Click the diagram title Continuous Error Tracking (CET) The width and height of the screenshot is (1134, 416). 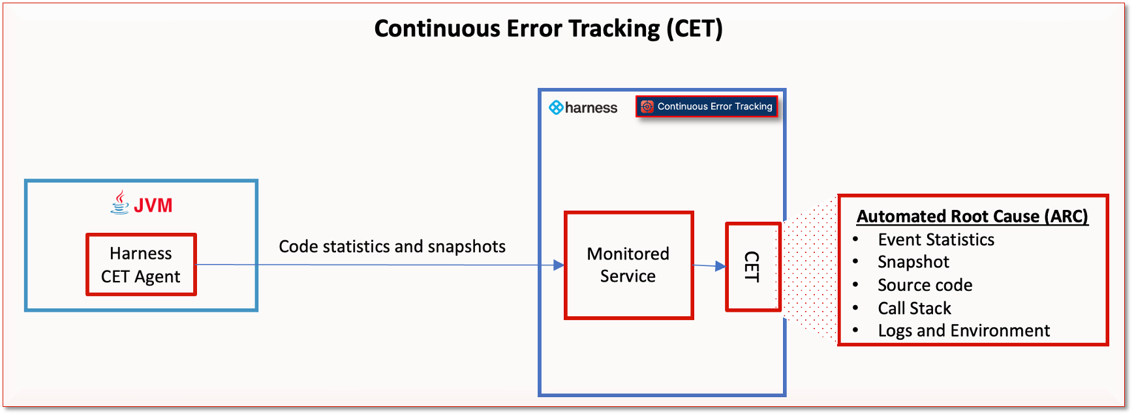pyautogui.click(x=548, y=29)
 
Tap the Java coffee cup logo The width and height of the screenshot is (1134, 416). pyautogui.click(x=120, y=203)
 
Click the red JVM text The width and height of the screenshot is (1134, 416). pyautogui.click(x=153, y=205)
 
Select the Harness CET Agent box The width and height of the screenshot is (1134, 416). pyautogui.click(x=141, y=265)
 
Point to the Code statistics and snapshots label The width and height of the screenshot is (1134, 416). pyautogui.click(x=392, y=246)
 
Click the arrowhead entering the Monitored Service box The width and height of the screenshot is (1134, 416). pyautogui.click(x=559, y=265)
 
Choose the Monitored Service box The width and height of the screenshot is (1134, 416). pyautogui.click(x=628, y=265)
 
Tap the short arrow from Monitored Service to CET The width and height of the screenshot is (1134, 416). pyautogui.click(x=709, y=265)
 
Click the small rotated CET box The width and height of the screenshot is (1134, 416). pyautogui.click(x=753, y=267)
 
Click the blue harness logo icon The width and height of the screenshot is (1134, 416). pyautogui.click(x=556, y=108)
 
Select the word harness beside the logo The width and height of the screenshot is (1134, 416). pyautogui.click(x=591, y=108)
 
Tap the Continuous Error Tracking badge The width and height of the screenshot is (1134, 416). pyautogui.click(x=707, y=106)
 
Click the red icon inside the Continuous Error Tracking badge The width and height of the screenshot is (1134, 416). pyautogui.click(x=647, y=106)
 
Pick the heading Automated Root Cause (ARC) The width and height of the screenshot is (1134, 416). pyautogui.click(x=972, y=216)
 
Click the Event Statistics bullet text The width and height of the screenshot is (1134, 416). pyautogui.click(x=936, y=239)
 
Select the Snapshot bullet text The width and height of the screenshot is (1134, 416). pyautogui.click(x=913, y=262)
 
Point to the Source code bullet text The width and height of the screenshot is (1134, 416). pyautogui.click(x=925, y=285)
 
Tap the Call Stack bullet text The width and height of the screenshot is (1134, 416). pyautogui.click(x=914, y=308)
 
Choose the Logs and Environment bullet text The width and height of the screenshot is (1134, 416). pyautogui.click(x=963, y=331)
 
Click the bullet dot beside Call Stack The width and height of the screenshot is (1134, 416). pyautogui.click(x=855, y=308)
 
